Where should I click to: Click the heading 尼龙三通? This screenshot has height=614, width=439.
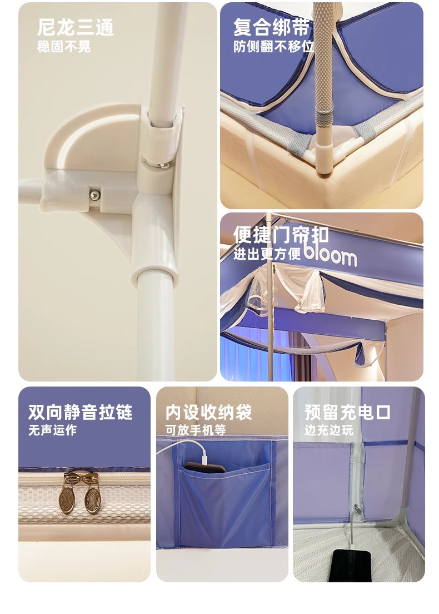(75, 27)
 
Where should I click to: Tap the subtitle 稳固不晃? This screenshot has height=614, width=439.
(64, 47)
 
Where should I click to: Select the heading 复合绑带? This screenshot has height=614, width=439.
(271, 27)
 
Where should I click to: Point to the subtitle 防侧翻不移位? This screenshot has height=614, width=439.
(273, 47)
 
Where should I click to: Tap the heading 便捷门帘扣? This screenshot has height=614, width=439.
(281, 235)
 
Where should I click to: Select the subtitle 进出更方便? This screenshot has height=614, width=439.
(267, 254)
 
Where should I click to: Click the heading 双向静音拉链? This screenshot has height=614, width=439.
(80, 412)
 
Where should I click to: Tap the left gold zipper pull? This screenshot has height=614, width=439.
(68, 493)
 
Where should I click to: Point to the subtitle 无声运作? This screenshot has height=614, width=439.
(52, 430)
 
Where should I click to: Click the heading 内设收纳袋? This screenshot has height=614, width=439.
(208, 412)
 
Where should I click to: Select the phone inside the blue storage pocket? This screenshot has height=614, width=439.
(204, 467)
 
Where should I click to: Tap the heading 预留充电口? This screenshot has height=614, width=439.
(348, 412)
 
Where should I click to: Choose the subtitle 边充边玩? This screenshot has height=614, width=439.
(328, 430)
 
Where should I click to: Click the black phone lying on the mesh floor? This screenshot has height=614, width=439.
(350, 566)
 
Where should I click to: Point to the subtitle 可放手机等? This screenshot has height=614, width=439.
(196, 430)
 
